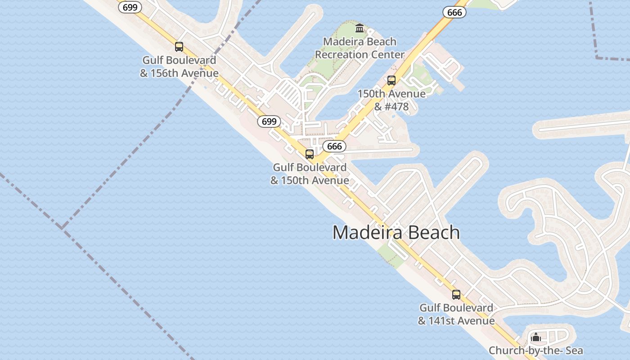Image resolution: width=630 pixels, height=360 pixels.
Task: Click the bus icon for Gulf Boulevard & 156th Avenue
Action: click(x=179, y=47)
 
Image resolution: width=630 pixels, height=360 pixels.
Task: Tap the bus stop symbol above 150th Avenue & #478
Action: click(x=391, y=81)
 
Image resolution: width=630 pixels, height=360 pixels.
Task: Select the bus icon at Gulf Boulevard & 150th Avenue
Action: click(x=310, y=154)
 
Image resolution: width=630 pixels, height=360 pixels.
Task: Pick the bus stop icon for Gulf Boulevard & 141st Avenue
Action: click(x=456, y=295)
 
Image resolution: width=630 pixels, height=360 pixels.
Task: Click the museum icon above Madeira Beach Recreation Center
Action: click(x=360, y=29)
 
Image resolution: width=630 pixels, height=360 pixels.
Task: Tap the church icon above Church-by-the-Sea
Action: click(x=536, y=337)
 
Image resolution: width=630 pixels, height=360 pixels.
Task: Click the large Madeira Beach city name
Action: click(x=396, y=233)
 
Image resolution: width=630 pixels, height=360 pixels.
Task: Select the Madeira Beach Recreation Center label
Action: click(x=360, y=48)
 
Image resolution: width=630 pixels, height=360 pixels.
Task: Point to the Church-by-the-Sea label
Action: click(x=535, y=351)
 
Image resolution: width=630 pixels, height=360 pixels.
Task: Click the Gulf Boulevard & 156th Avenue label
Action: click(x=179, y=67)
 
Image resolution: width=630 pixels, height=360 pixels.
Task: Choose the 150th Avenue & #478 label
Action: click(x=391, y=100)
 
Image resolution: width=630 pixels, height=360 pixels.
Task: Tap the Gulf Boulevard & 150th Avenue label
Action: click(x=310, y=174)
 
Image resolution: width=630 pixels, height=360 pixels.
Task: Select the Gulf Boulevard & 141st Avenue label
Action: click(x=456, y=314)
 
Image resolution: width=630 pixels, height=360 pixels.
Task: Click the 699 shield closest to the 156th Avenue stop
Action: click(x=130, y=8)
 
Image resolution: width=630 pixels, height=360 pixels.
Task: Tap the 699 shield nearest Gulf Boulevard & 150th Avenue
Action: click(x=269, y=121)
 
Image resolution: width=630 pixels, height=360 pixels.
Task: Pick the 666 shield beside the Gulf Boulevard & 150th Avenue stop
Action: click(x=334, y=146)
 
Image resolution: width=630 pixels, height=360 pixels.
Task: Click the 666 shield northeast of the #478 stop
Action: click(x=454, y=13)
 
